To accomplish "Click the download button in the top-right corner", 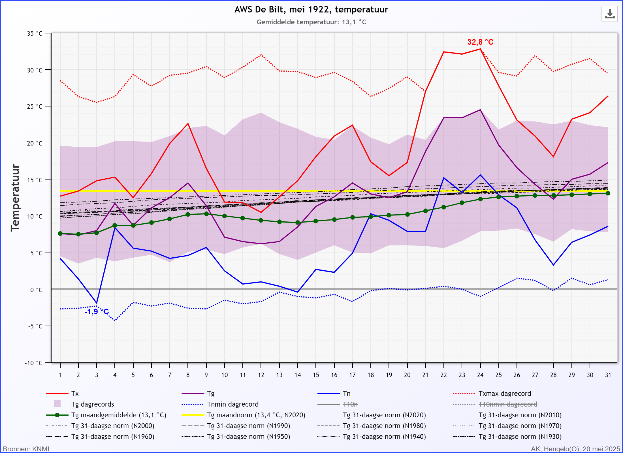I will [609, 14].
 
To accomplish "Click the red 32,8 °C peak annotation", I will [480, 42].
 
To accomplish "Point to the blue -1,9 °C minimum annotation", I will [97, 312].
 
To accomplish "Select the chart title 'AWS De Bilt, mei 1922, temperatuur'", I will [311, 10].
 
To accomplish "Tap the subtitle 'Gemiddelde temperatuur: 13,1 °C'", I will [311, 22].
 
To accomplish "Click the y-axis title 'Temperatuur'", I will [15, 198].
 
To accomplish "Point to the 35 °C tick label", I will [35, 34].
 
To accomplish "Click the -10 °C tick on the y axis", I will [34, 363].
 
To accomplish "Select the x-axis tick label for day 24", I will [480, 375].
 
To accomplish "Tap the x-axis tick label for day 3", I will [97, 375].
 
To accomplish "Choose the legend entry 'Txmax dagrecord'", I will [505, 394].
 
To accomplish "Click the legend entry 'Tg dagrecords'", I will [93, 404].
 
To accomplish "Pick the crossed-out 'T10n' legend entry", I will [350, 404].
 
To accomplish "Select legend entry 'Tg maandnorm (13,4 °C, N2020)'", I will [256, 415].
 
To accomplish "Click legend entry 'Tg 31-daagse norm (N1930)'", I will [520, 437].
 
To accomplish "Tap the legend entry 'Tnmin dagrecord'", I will [232, 404].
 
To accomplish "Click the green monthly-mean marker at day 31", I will [608, 193].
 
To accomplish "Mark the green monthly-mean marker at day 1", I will [60, 234].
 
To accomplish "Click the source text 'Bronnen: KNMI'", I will [26, 449].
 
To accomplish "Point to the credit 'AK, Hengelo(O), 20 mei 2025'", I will [575, 449].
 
